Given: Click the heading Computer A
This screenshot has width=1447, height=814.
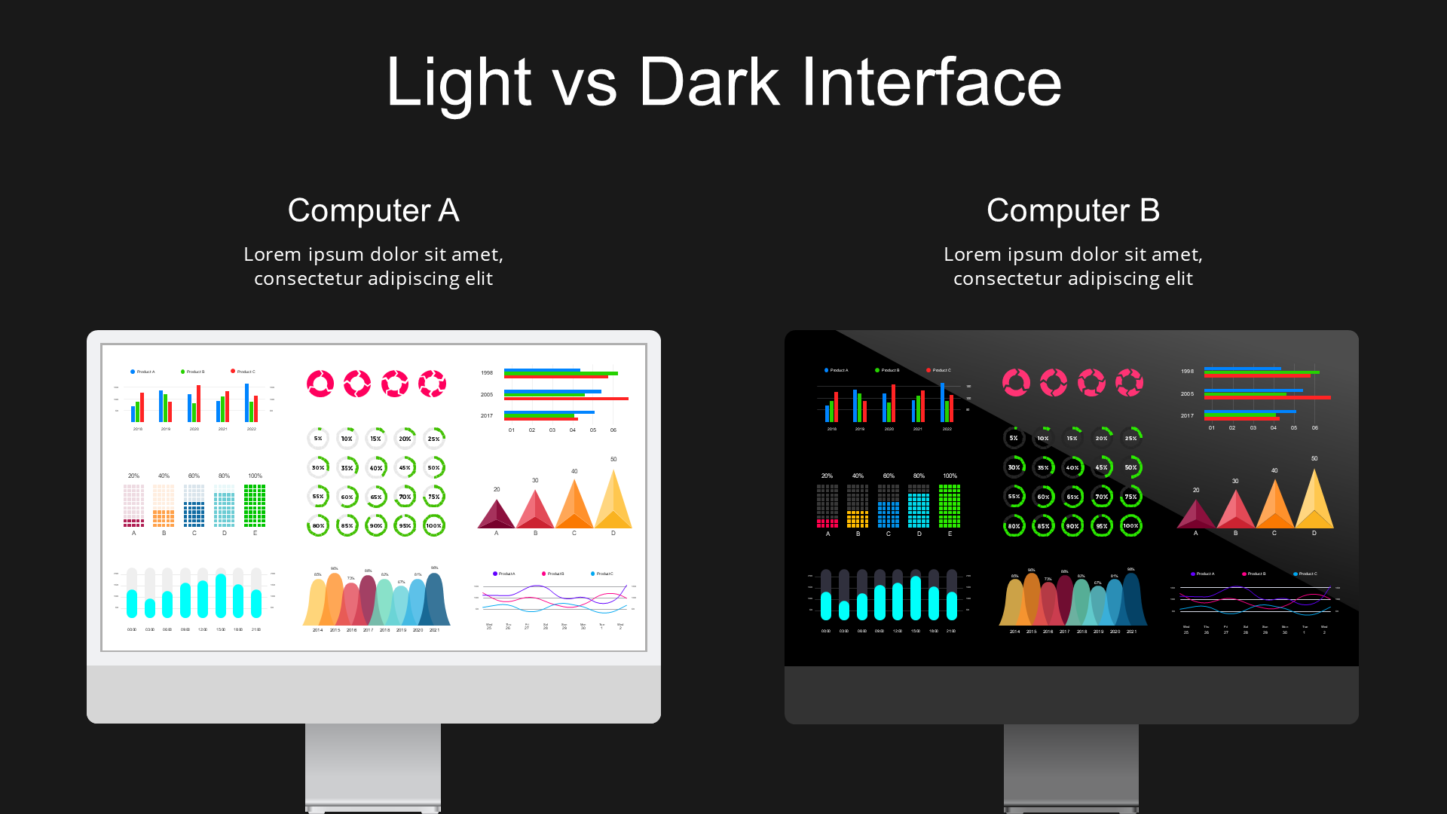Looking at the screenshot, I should click(373, 210).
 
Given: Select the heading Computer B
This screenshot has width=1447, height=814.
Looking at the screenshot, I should click(1072, 210).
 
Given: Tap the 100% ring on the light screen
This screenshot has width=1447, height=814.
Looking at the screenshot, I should click(433, 525).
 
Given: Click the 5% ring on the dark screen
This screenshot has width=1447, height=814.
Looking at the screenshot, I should click(1014, 438).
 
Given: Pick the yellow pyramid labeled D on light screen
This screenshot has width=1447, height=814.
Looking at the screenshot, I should click(613, 501).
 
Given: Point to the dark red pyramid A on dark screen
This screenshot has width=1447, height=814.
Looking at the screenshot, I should click(1195, 515).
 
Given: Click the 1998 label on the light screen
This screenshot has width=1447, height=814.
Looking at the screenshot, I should click(487, 373).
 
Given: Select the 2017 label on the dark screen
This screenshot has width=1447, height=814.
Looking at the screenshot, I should click(1187, 415).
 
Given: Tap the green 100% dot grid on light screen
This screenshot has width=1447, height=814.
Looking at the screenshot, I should click(255, 505).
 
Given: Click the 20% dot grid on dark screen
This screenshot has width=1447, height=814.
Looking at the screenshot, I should click(827, 505).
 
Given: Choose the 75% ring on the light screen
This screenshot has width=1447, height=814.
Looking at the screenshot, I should click(433, 497).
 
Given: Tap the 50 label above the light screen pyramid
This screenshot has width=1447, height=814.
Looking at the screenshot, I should click(613, 459).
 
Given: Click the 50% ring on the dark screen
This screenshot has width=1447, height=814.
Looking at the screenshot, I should click(1130, 467).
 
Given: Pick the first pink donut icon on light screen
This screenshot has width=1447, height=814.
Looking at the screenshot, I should click(320, 384).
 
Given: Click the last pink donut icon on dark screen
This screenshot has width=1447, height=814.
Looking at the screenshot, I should click(1129, 382).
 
